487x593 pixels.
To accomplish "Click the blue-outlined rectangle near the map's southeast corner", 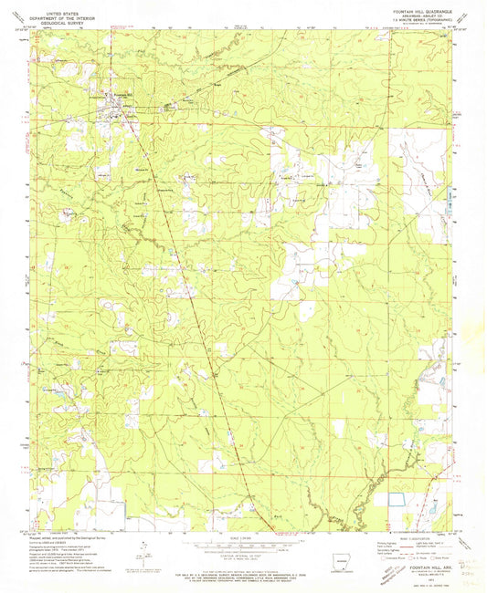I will pos(398,499).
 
